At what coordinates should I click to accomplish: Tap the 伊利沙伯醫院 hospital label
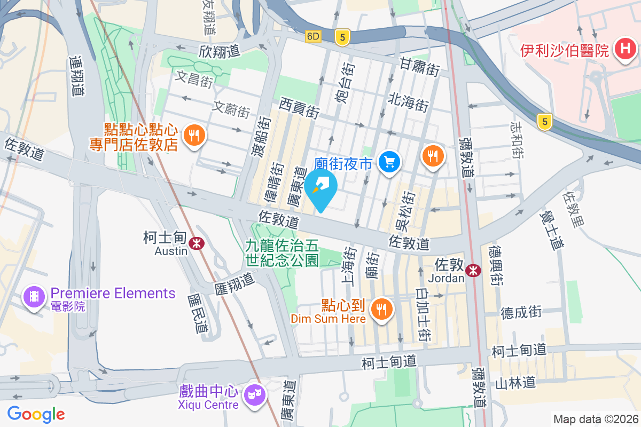(565, 51)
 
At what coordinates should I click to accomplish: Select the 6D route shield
(314, 36)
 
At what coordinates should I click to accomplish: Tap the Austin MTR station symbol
(197, 243)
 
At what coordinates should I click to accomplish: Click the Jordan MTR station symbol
(473, 271)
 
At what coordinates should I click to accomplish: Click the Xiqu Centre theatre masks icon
(254, 396)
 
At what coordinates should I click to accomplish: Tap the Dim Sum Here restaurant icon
(381, 309)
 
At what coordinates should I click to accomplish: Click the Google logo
(36, 414)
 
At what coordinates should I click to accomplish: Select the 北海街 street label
(409, 101)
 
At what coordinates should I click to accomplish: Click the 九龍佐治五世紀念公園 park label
(282, 253)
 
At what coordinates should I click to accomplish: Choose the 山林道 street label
(515, 383)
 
